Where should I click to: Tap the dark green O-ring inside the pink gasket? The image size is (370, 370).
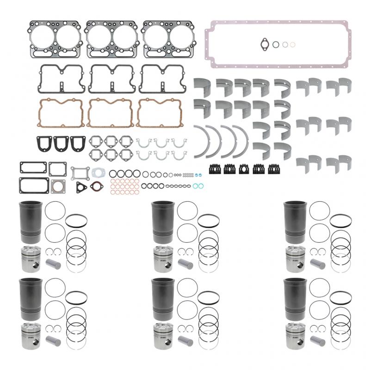(276, 44)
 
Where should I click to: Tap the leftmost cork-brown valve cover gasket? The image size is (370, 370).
(59, 112)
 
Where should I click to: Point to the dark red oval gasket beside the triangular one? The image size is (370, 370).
(96, 186)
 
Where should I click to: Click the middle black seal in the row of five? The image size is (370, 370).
(244, 169)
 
